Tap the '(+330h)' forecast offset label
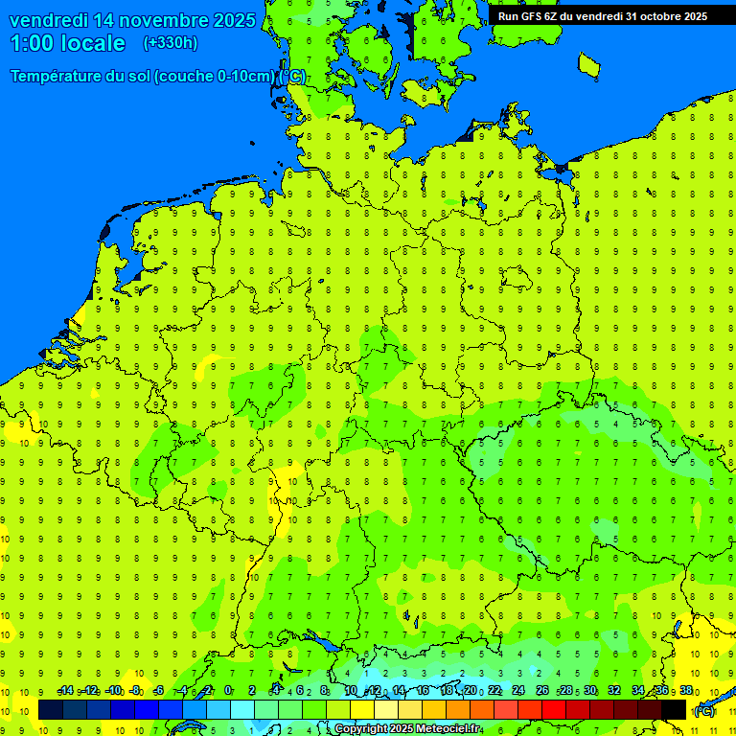pos(170,42)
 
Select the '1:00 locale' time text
pos(67,43)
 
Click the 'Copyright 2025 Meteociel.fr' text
pos(407,729)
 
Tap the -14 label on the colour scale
pos(65,691)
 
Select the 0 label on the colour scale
pos(228,691)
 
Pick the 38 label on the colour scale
pos(686,691)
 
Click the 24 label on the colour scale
pos(518,691)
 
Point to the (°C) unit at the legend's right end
pos(703,711)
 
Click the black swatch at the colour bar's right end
pos(674,710)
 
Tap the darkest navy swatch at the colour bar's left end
pos(51,710)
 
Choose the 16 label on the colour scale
pos(423,691)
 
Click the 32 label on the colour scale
pos(614,691)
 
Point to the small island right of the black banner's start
pos(589,64)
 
